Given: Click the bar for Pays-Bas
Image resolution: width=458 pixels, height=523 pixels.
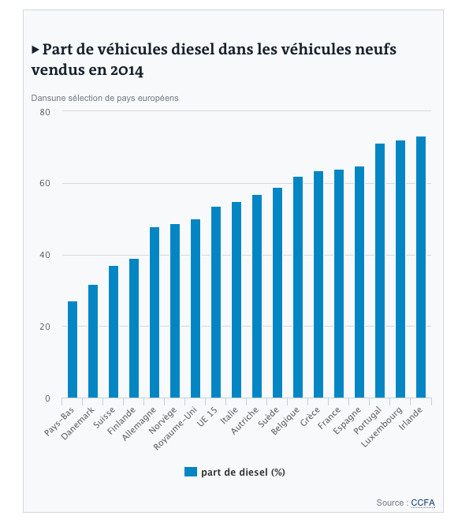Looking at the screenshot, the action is point(73,349).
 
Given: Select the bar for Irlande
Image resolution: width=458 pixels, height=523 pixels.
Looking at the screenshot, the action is point(421,267).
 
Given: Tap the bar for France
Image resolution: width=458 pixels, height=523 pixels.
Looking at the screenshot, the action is point(339,283).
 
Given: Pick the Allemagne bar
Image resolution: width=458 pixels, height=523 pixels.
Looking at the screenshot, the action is point(155,312).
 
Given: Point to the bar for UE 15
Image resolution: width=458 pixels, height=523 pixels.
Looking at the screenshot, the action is point(216,302).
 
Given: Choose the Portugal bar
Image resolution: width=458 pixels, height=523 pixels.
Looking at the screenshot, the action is point(380,271).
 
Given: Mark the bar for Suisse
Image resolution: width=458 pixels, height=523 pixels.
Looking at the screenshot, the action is point(114,331).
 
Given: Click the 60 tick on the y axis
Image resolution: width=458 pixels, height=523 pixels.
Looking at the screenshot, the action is point(45,183).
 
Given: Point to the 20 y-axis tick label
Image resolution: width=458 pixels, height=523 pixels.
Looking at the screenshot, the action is point(45,327).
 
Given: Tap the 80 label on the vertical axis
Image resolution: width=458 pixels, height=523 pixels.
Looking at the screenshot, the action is point(45,112).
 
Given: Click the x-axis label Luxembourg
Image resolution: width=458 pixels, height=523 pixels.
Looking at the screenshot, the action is point(382,427).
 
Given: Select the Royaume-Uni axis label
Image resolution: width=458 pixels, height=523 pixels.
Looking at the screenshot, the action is point(176,428).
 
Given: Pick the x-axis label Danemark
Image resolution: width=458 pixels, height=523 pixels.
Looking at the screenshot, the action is point(78,423).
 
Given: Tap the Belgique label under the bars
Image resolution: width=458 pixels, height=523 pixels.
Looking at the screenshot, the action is point(285,420).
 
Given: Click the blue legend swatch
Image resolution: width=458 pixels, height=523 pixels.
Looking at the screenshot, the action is point(191,472).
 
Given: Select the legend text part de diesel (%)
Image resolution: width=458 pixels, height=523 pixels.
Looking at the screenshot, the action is point(243,473).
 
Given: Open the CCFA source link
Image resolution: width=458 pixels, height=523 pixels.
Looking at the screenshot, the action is point(423,502).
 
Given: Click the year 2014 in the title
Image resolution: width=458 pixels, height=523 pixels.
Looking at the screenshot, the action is point(127,70).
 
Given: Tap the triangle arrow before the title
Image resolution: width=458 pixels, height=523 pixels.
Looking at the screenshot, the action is point(35,50).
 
